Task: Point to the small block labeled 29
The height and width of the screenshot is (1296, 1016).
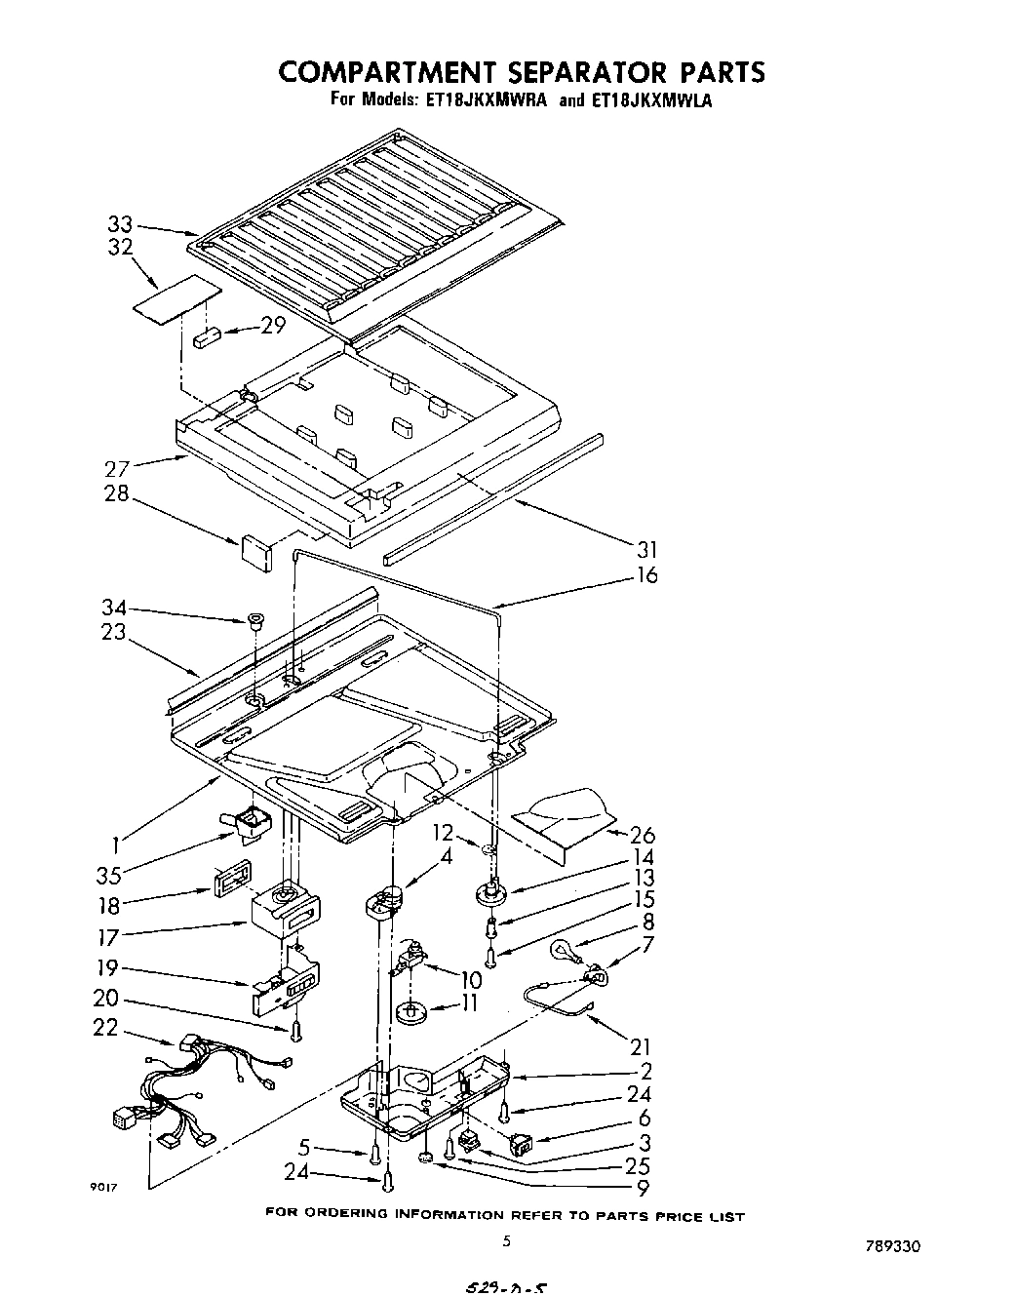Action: (208, 338)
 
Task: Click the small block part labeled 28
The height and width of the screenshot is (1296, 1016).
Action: (256, 549)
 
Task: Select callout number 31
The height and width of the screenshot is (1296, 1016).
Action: (646, 549)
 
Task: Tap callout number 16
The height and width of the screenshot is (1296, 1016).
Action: (646, 575)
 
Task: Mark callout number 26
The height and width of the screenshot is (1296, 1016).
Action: (643, 835)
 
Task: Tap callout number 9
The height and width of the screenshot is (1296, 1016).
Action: (643, 1188)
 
